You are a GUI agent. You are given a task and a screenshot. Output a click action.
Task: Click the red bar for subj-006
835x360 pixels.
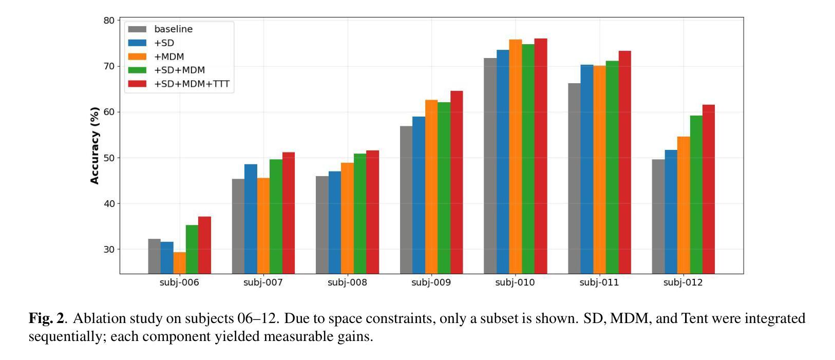click(x=204, y=245)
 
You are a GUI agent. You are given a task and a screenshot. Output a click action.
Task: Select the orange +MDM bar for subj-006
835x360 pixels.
click(x=179, y=262)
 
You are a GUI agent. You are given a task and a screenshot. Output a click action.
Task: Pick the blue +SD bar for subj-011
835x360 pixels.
click(x=586, y=169)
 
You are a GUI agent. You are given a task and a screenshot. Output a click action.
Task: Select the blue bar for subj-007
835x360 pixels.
click(x=251, y=219)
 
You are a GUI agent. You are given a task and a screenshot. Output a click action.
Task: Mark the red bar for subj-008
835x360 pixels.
click(x=372, y=212)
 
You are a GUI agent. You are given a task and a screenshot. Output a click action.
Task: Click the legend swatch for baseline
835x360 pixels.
click(x=137, y=29)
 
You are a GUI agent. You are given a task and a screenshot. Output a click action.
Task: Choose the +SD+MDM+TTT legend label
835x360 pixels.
click(x=192, y=84)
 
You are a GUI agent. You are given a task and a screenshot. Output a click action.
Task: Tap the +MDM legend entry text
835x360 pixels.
click(x=169, y=56)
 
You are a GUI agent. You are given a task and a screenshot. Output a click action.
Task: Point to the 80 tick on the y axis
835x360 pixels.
click(x=109, y=21)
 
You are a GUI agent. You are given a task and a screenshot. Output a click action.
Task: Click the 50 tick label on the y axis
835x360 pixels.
click(x=109, y=158)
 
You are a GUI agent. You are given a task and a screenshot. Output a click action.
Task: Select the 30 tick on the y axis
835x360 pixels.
click(x=109, y=249)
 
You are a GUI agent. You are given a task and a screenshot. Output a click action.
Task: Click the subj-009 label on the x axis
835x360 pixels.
click(x=431, y=282)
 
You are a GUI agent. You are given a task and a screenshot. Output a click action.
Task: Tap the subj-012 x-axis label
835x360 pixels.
click(x=682, y=282)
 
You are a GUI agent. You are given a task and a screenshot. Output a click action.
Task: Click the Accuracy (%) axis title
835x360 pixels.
click(x=94, y=145)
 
